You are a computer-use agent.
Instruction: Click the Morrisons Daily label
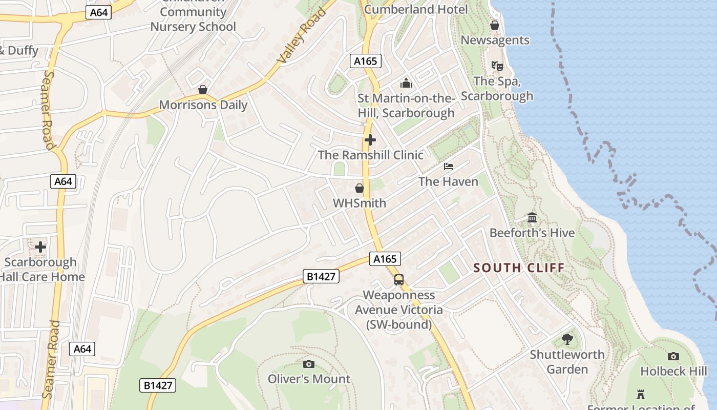(203, 105)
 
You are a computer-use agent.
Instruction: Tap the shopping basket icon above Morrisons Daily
(203, 90)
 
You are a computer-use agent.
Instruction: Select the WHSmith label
(360, 203)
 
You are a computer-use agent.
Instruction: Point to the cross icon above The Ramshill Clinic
(370, 140)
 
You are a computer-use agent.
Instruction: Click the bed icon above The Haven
(449, 167)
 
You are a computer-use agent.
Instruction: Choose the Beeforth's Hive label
(532, 233)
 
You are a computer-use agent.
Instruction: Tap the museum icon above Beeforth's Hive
(532, 218)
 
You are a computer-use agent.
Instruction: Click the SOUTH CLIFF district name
(519, 268)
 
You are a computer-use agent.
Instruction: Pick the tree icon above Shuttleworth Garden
(567, 339)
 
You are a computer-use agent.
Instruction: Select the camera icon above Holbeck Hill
(673, 356)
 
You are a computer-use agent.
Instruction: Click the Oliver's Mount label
(309, 379)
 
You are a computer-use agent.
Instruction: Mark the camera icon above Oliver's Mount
(308, 364)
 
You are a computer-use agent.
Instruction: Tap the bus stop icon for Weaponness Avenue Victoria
(399, 280)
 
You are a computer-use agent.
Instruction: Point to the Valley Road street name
(302, 36)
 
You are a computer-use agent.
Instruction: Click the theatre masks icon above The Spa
(497, 66)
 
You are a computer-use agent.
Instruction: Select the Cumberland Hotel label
(416, 9)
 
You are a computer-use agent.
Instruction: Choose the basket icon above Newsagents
(495, 25)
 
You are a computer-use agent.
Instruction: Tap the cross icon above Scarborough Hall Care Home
(40, 247)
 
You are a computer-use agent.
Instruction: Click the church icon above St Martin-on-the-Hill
(406, 83)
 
